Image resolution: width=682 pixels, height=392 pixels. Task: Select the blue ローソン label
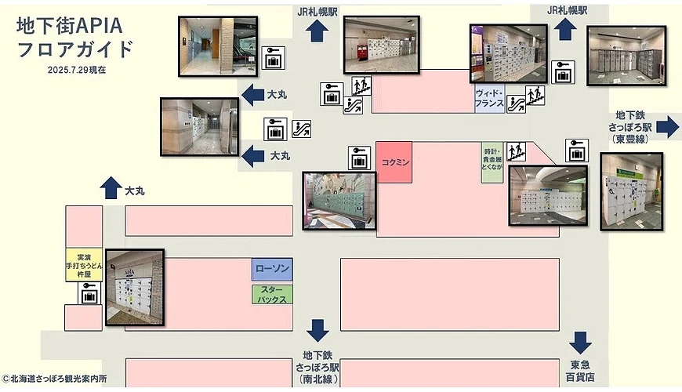(x=272, y=270)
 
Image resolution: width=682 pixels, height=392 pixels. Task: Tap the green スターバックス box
(x=272, y=294)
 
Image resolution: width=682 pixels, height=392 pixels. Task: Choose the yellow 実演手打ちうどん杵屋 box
(x=84, y=266)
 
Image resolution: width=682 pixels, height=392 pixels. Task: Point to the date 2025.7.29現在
(x=75, y=70)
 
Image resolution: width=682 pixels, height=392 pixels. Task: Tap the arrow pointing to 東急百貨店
(x=580, y=343)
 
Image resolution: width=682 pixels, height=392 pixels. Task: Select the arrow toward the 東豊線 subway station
(x=668, y=126)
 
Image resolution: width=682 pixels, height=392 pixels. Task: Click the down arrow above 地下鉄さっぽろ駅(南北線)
(x=317, y=330)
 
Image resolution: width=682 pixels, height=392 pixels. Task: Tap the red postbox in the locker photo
(x=361, y=53)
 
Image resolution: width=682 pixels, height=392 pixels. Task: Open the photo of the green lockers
(x=339, y=201)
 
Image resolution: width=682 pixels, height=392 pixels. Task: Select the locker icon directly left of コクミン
(x=359, y=158)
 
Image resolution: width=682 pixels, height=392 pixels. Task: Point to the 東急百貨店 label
(x=580, y=372)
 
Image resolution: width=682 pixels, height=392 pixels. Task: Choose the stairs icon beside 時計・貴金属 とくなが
(x=515, y=149)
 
